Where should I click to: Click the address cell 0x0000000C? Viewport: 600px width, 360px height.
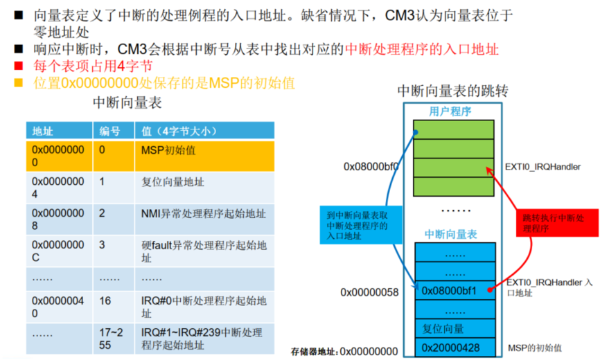[x=58, y=251]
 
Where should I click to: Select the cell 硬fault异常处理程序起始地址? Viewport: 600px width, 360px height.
[x=204, y=251]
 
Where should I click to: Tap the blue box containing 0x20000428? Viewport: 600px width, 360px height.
[x=454, y=347]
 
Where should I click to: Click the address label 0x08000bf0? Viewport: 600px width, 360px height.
[x=371, y=167]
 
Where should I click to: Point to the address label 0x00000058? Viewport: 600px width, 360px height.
[x=369, y=291]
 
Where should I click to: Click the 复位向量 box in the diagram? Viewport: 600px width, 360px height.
[x=454, y=328]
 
